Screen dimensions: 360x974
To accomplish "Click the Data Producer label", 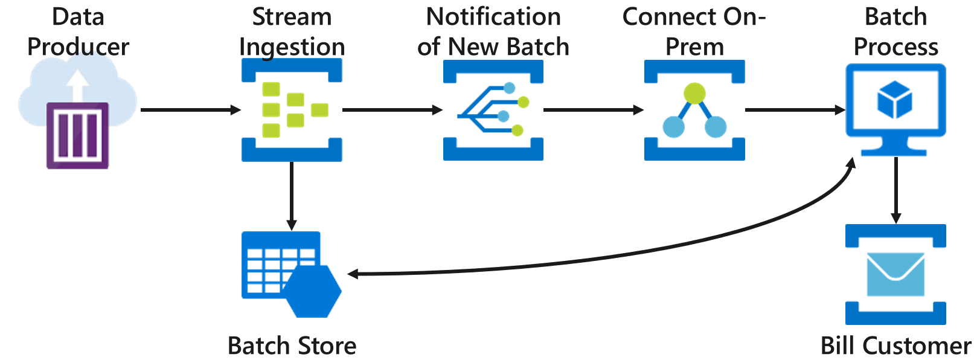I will [x=78, y=32].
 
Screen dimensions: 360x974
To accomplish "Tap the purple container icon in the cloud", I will [x=77, y=135].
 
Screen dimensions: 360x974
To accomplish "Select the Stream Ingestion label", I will [x=292, y=32].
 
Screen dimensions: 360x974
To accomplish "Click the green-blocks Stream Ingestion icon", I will [x=292, y=110].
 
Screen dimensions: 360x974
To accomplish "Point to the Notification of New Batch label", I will [x=493, y=32].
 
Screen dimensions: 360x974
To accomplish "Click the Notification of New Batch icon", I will [x=493, y=110].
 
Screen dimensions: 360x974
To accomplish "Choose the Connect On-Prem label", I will [x=694, y=32].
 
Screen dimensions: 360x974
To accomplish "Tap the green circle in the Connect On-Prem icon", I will [x=694, y=93].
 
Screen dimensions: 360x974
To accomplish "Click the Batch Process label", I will [x=896, y=32].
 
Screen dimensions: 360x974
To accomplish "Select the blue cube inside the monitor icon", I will [x=895, y=101].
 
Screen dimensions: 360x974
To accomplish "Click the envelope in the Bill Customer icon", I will [x=896, y=274].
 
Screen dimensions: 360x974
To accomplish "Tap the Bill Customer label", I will [x=896, y=346].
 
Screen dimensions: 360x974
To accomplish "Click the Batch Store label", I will [x=292, y=346].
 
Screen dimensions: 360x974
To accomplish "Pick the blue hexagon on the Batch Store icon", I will [x=313, y=291].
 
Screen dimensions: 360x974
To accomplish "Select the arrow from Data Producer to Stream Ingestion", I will [x=190, y=110].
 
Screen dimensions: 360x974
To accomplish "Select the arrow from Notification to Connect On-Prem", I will [x=593, y=110].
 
